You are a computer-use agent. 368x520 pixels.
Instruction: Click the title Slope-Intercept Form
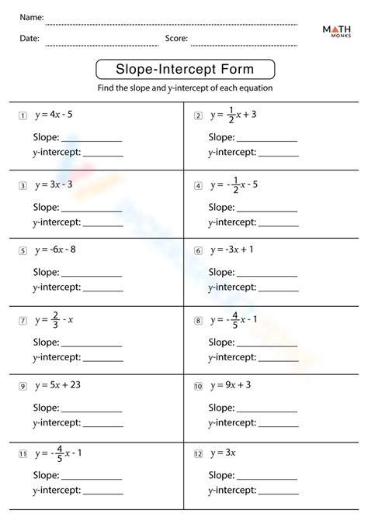[184, 70]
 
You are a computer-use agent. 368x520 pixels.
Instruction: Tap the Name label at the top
[31, 17]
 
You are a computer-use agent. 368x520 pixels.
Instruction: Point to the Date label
[30, 38]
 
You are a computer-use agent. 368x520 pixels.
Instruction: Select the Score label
[176, 38]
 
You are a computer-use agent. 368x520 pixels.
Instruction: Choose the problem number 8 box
[198, 320]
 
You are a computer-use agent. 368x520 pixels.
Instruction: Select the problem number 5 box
[24, 251]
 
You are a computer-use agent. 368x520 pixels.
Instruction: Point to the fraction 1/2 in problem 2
[231, 115]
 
